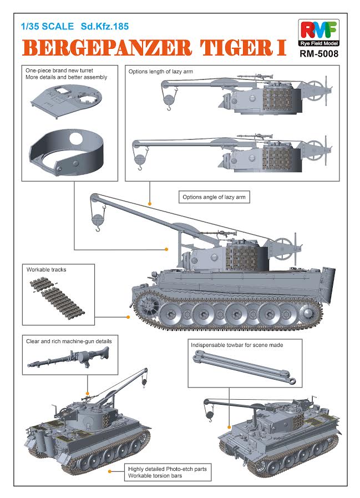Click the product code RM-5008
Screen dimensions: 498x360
(x=318, y=54)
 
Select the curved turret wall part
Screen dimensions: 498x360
(x=67, y=150)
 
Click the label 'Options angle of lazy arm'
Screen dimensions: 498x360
(x=214, y=197)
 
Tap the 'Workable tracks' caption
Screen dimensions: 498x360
(x=47, y=269)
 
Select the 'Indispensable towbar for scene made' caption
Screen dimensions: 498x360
(x=237, y=345)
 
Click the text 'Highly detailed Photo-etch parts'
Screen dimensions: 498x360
(x=167, y=469)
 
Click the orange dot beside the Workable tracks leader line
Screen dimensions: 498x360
(x=129, y=317)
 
